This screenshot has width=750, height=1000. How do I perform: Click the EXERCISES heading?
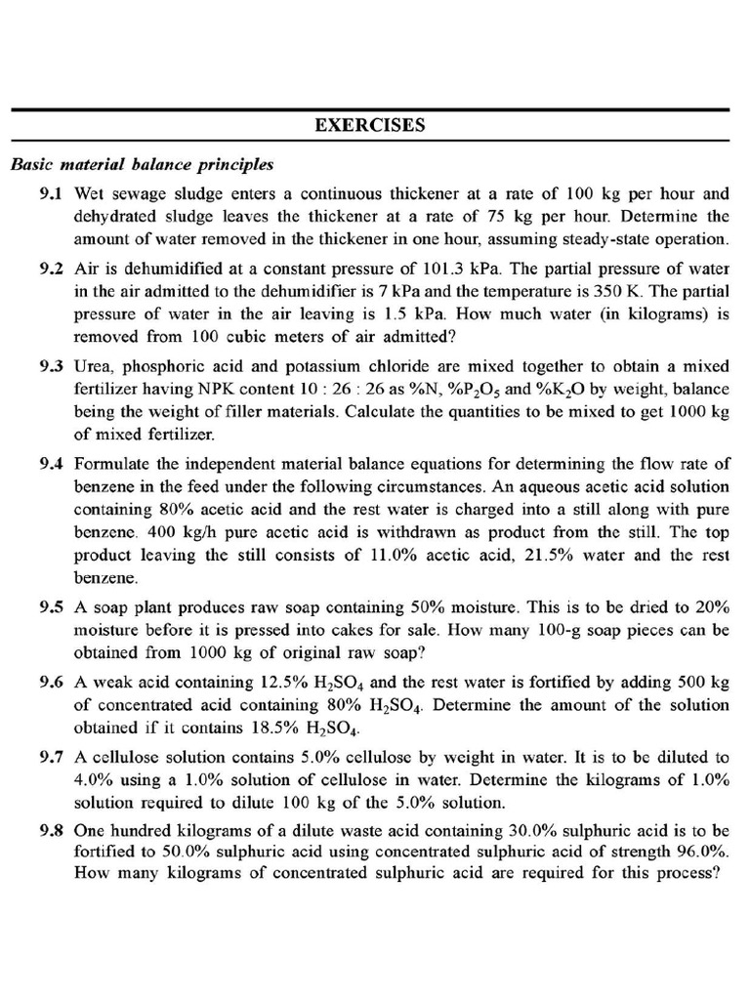(x=369, y=125)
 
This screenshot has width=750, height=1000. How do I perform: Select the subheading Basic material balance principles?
(x=142, y=163)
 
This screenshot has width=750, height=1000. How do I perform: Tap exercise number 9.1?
(x=51, y=193)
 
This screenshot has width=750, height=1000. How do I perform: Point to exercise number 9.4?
(x=51, y=463)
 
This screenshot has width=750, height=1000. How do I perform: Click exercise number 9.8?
(x=51, y=831)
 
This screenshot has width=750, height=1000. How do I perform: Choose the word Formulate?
(x=110, y=463)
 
